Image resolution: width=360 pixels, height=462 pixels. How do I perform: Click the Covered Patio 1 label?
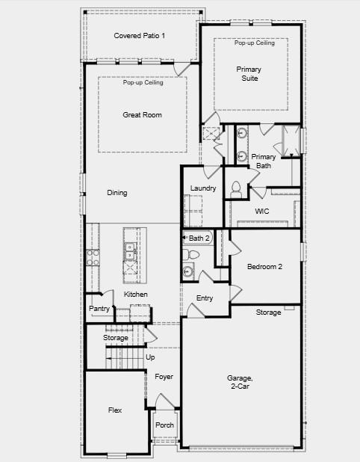click(x=140, y=36)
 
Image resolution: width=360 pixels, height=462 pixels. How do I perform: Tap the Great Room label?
click(x=142, y=115)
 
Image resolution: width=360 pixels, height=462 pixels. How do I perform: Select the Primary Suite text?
click(x=249, y=73)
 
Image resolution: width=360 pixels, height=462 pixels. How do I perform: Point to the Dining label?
click(x=117, y=193)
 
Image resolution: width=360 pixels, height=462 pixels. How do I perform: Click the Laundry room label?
click(x=203, y=188)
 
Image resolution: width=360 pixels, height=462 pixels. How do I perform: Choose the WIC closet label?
click(x=261, y=212)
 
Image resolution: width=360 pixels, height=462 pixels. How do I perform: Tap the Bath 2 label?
click(x=199, y=238)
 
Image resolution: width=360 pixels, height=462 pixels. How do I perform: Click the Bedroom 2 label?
click(x=264, y=267)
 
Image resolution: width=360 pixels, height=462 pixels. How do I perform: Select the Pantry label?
click(x=99, y=309)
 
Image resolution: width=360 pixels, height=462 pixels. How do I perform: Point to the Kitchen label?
click(x=136, y=295)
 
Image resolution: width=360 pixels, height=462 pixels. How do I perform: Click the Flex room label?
click(x=115, y=410)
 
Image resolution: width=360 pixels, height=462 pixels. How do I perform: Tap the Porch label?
click(x=164, y=425)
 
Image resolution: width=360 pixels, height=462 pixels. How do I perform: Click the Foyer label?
click(x=164, y=377)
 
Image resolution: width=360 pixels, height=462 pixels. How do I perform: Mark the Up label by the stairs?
click(x=150, y=357)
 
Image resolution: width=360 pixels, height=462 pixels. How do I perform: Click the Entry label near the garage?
click(x=205, y=298)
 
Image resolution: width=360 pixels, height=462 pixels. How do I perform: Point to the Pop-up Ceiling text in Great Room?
click(x=143, y=82)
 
